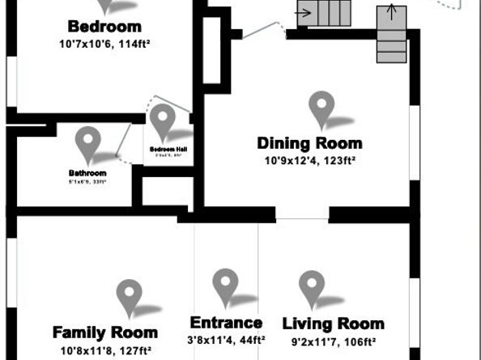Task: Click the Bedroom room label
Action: click(x=104, y=26)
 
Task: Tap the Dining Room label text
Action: click(x=309, y=143)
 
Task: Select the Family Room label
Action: click(x=104, y=332)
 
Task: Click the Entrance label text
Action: click(x=225, y=323)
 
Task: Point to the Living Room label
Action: click(x=333, y=324)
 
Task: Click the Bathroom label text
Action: click(x=87, y=172)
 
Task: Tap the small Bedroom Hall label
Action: click(x=168, y=150)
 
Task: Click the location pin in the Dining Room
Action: click(x=321, y=108)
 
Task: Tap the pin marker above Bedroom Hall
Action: click(x=163, y=120)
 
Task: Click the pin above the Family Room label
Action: click(x=129, y=296)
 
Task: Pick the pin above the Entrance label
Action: click(x=224, y=286)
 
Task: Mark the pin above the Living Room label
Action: click(x=311, y=287)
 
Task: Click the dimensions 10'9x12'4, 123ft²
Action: click(x=310, y=160)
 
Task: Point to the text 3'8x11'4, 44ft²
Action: click(x=225, y=340)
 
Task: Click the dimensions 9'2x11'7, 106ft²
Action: click(x=333, y=341)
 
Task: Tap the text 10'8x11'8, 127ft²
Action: click(x=105, y=350)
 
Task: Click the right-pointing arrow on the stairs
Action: click(x=305, y=12)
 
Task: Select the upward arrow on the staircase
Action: click(x=392, y=11)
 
